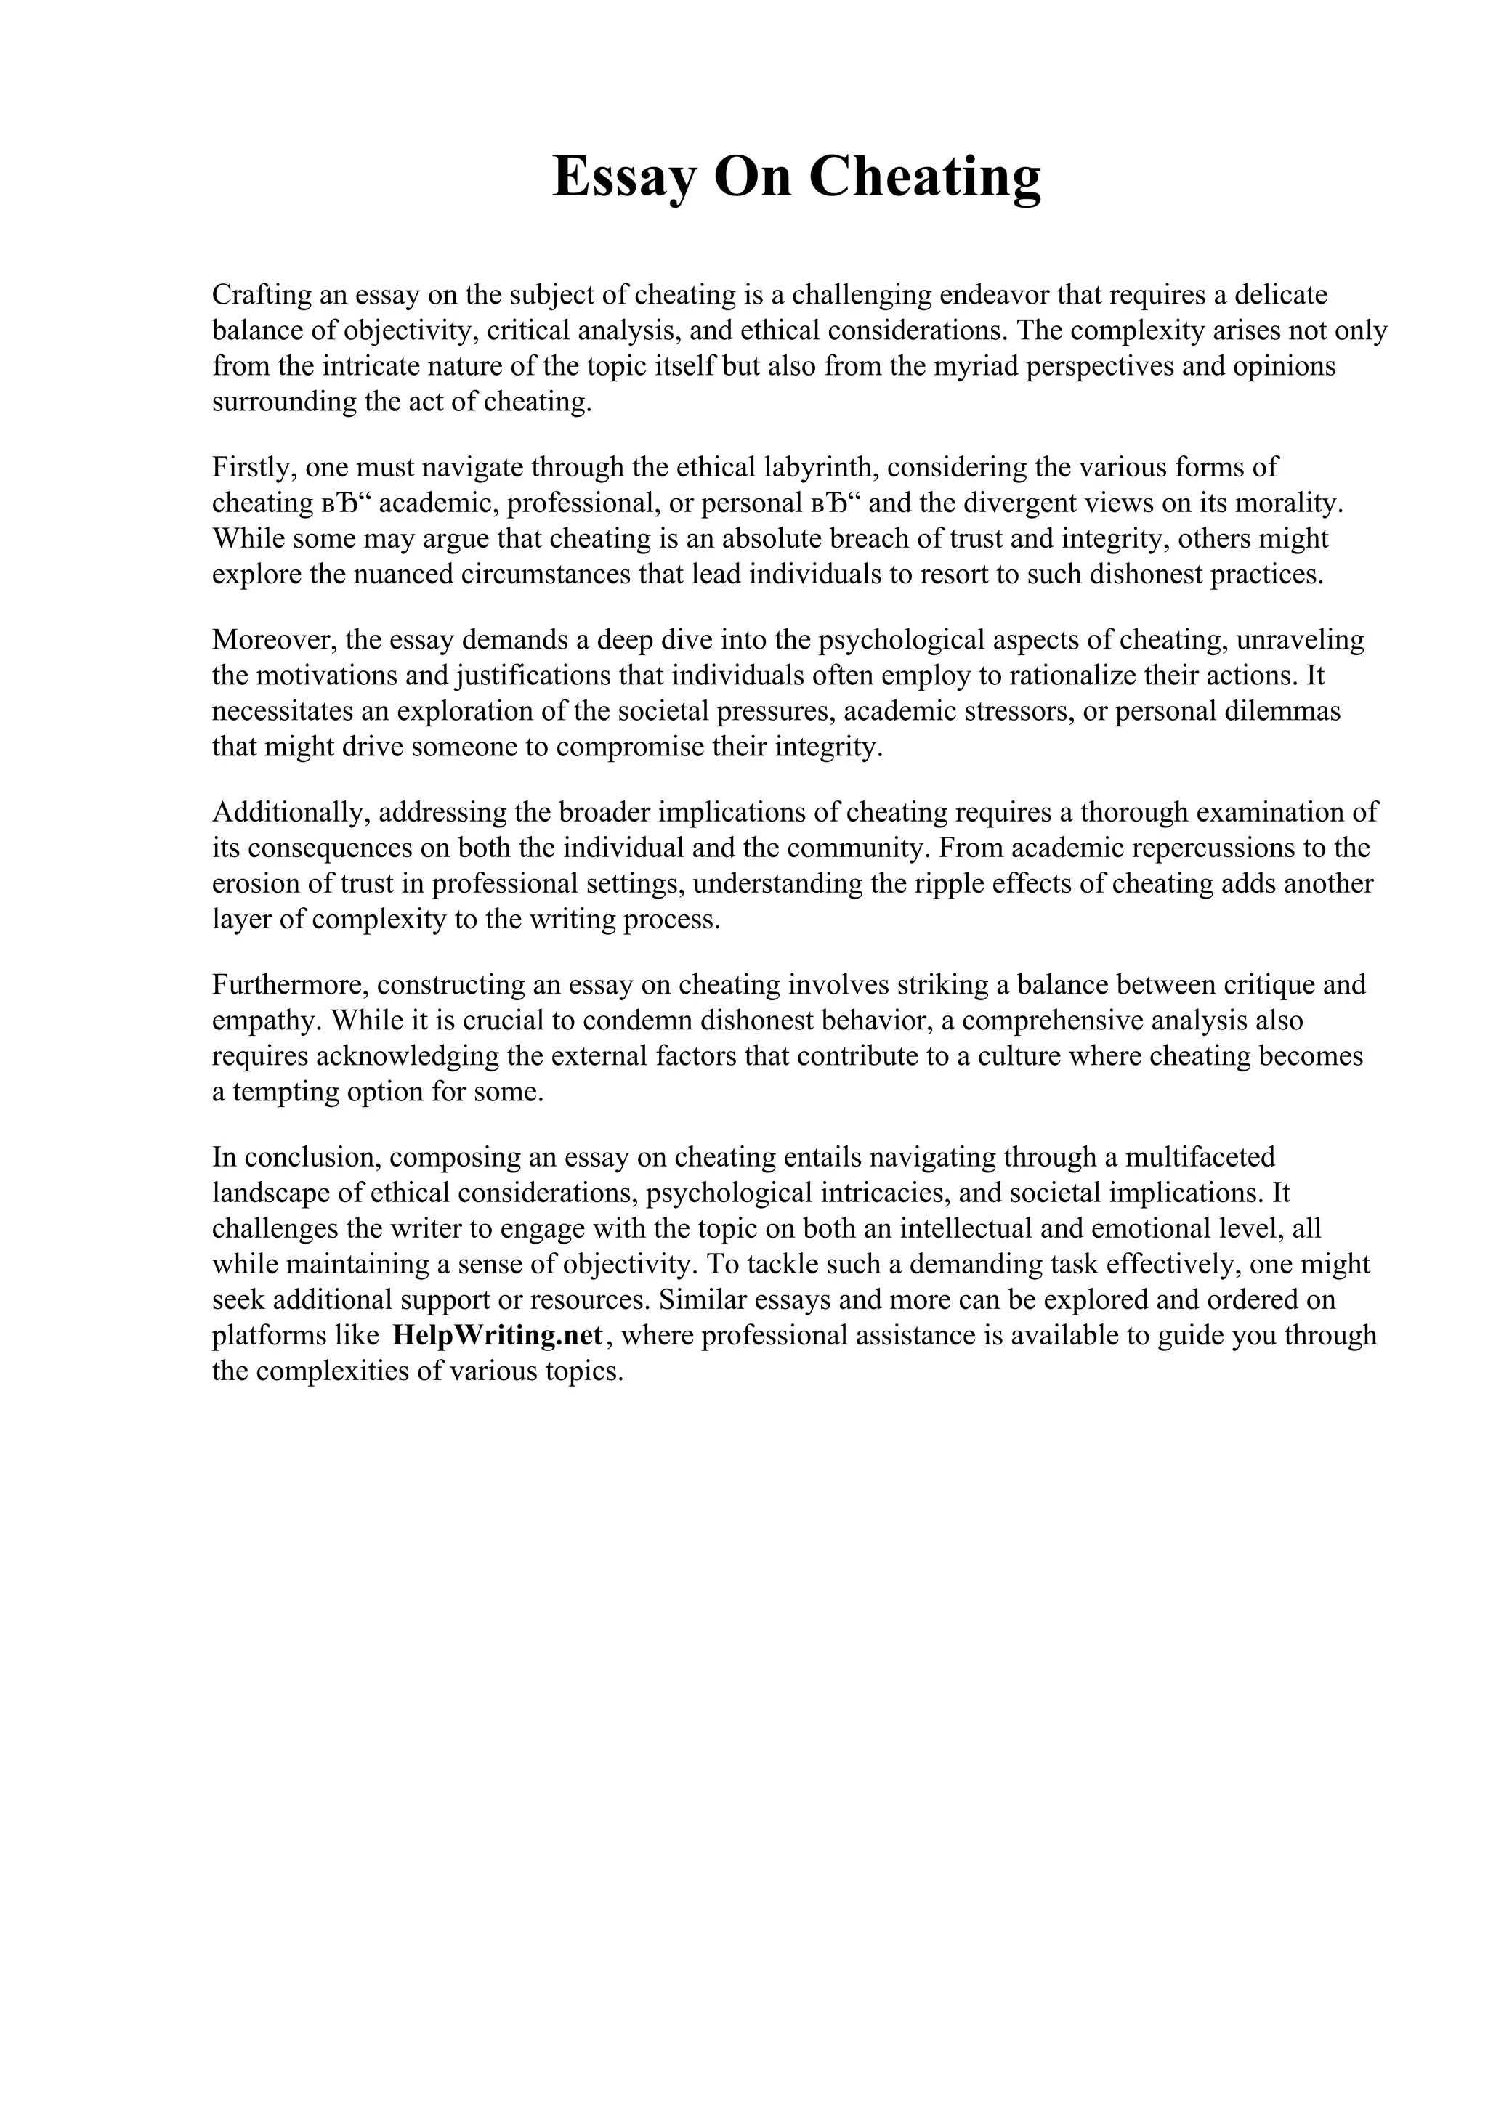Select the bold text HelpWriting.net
pos(496,1335)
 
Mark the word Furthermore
pos(290,985)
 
